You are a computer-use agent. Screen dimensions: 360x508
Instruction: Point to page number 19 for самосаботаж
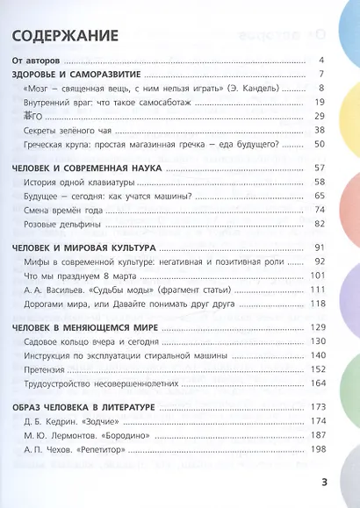tap(320, 103)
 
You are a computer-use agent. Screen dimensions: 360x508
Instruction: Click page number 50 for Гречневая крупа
tap(320, 144)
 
